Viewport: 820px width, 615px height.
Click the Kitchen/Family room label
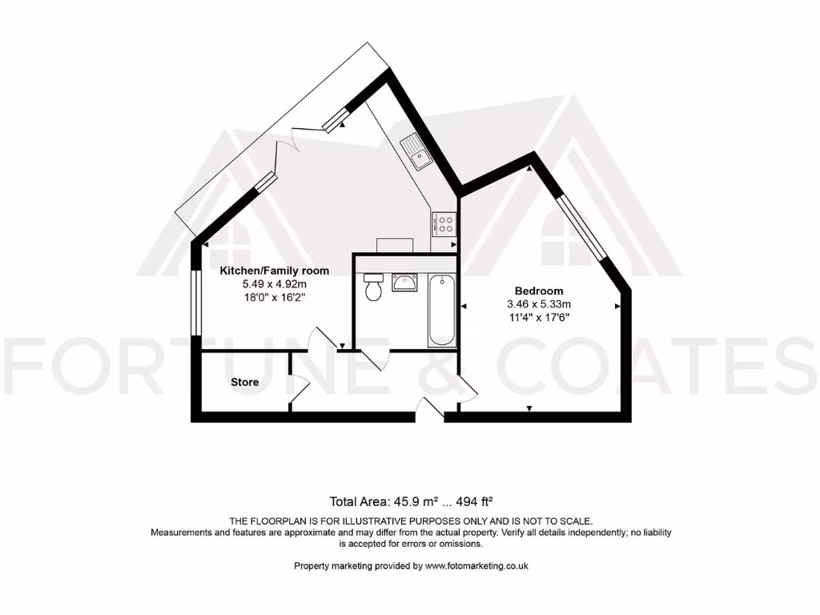(x=275, y=271)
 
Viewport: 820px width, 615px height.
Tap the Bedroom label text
(x=538, y=291)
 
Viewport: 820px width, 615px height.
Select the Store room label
(x=244, y=382)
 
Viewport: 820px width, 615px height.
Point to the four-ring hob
(x=444, y=223)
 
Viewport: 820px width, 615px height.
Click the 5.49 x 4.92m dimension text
(x=275, y=283)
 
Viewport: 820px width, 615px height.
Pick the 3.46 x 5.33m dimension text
(x=538, y=304)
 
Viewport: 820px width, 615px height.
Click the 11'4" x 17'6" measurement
(x=538, y=317)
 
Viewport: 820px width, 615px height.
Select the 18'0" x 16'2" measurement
(x=275, y=296)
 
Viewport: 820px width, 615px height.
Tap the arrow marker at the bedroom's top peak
(x=529, y=169)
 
